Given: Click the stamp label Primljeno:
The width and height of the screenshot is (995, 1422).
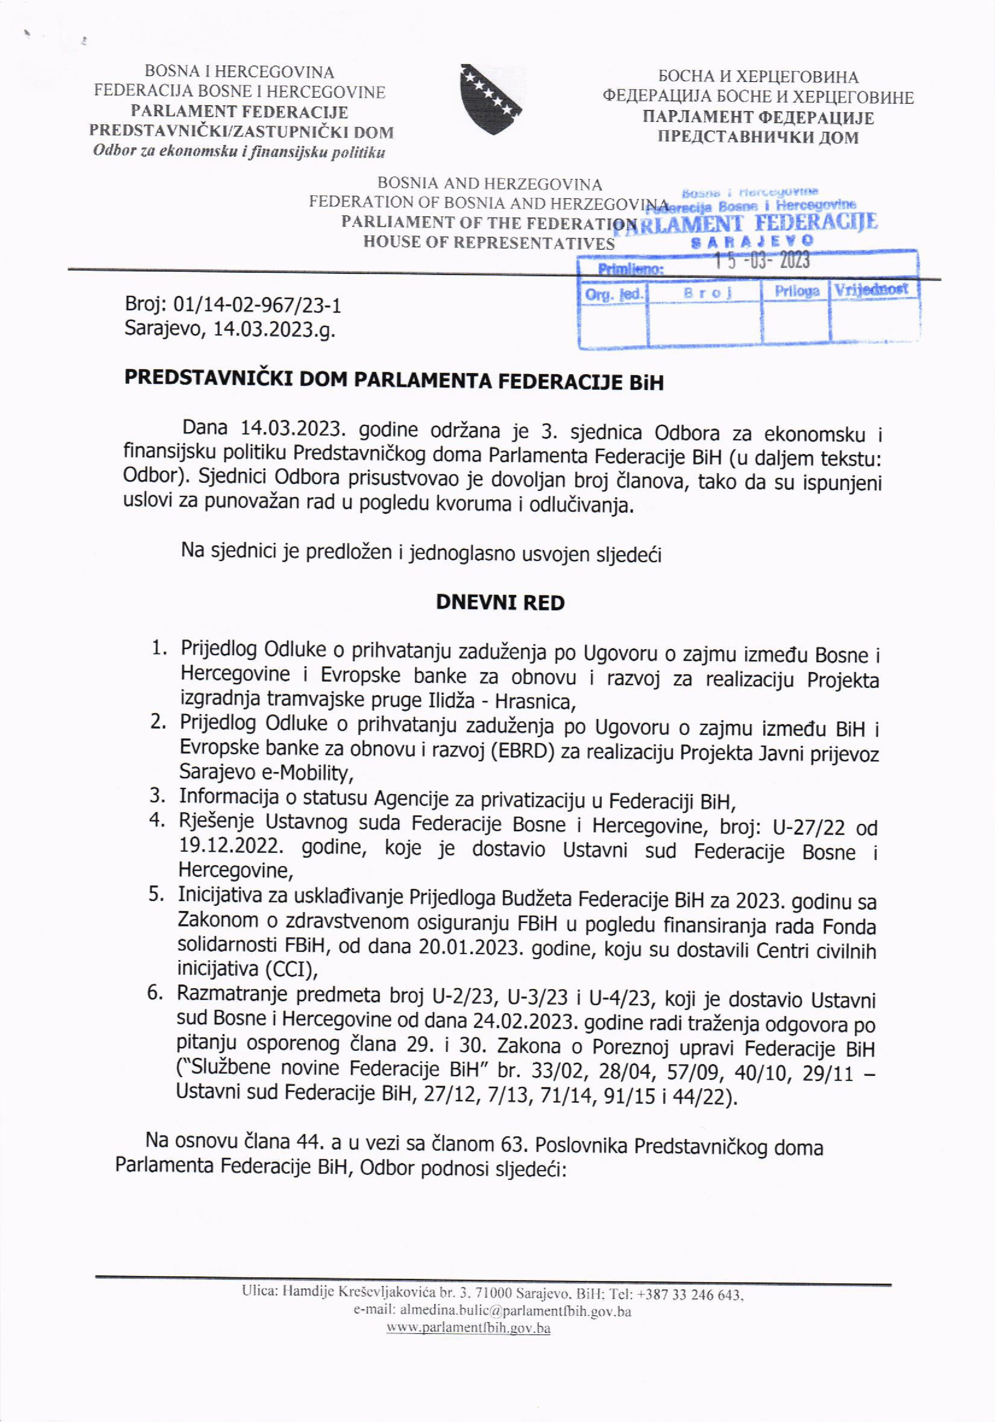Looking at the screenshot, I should coord(630,269).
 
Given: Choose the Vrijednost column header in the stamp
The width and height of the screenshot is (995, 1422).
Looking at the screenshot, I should coord(871,289).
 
